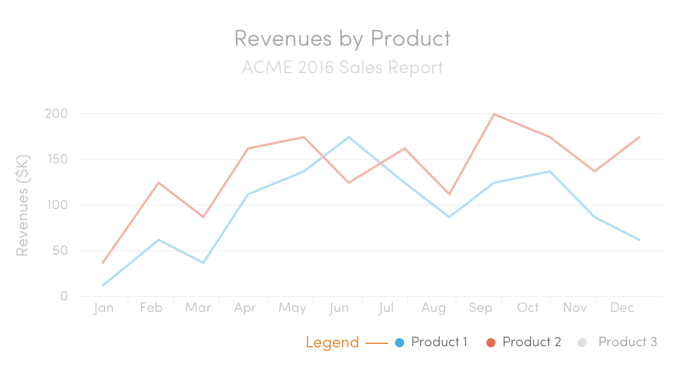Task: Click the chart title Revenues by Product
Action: click(x=342, y=38)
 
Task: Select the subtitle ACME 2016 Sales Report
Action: click(x=342, y=67)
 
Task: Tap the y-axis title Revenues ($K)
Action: click(x=22, y=205)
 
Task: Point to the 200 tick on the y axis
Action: click(x=57, y=114)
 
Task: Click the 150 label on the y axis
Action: click(x=57, y=159)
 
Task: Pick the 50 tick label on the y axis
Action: click(x=60, y=251)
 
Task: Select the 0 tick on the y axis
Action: click(x=64, y=296)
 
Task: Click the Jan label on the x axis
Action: click(x=103, y=308)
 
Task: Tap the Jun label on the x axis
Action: click(x=339, y=308)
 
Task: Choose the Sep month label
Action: click(x=481, y=308)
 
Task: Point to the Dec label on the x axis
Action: click(x=622, y=308)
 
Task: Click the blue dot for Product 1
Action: click(x=400, y=343)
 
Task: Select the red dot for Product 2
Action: click(x=490, y=343)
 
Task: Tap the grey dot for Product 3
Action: click(x=582, y=343)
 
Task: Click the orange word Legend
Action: click(x=332, y=343)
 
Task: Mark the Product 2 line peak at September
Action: click(x=494, y=114)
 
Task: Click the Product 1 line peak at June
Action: click(x=348, y=137)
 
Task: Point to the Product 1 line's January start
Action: click(x=103, y=286)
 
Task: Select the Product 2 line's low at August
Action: click(x=449, y=194)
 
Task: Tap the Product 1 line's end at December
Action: click(x=639, y=240)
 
